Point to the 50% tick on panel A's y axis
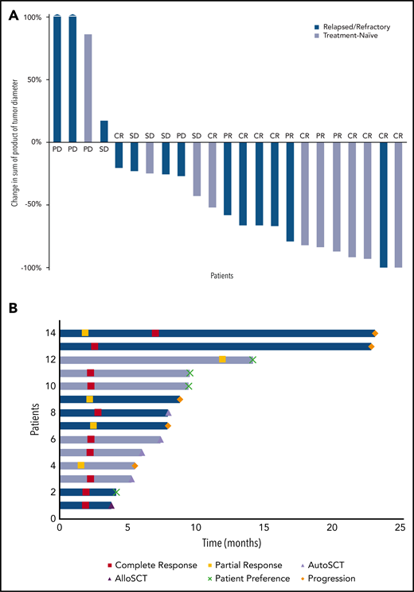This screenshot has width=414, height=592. coord(33,79)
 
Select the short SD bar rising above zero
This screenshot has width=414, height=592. coord(103,131)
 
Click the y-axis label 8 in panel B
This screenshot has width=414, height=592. coord(52,412)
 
